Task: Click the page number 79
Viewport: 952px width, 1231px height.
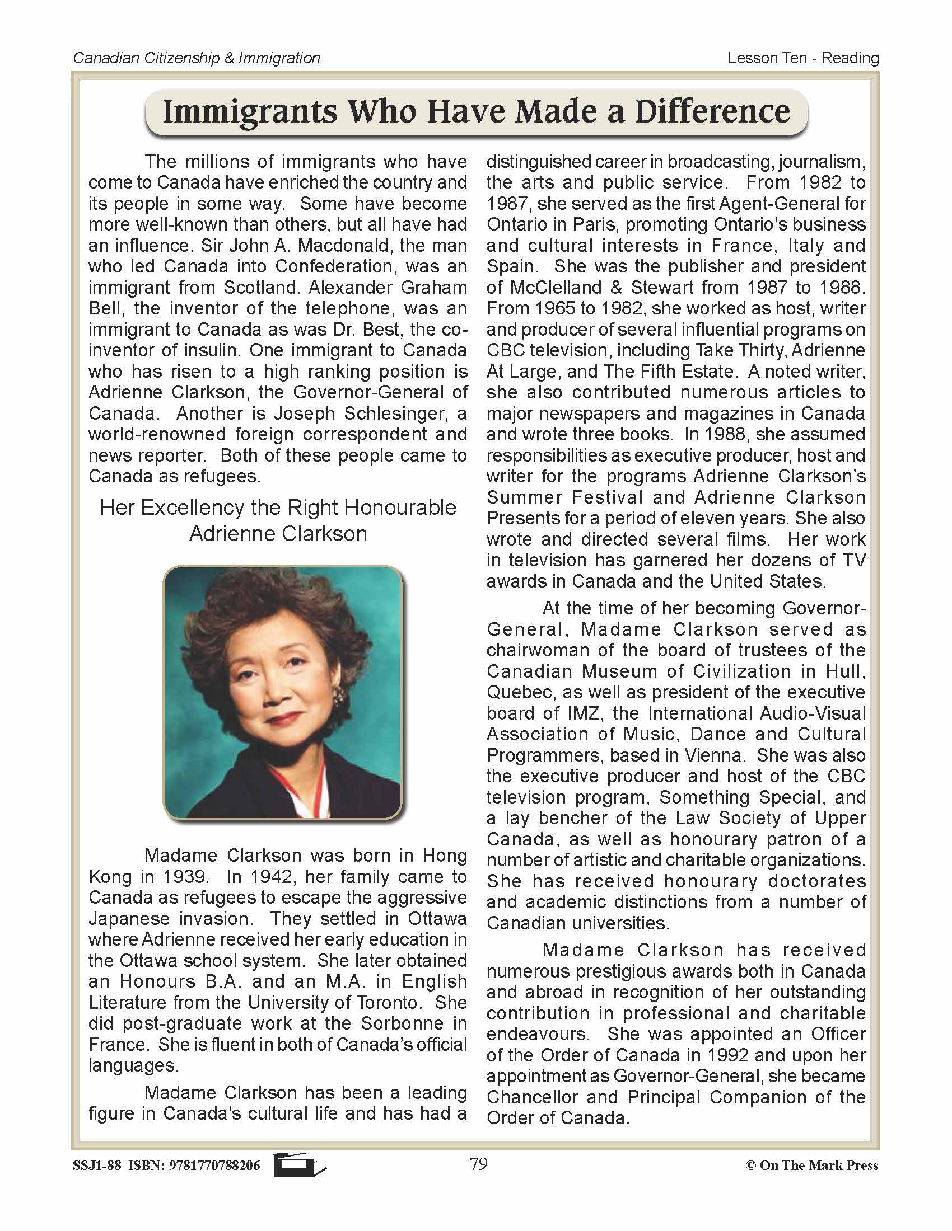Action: (x=478, y=1164)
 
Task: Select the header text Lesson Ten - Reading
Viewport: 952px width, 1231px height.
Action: (x=802, y=58)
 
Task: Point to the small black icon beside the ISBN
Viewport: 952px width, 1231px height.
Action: (x=299, y=1165)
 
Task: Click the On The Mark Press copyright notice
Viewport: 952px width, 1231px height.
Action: (x=812, y=1166)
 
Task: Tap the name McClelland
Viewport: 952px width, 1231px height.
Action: (x=548, y=288)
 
